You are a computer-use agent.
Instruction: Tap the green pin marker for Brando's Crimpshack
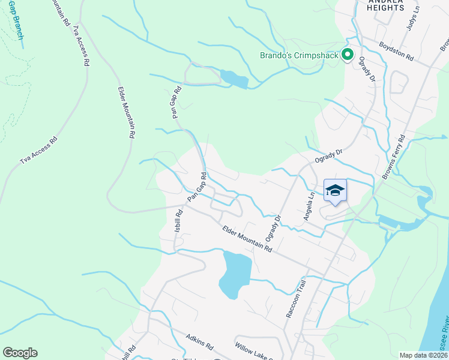tap(347, 55)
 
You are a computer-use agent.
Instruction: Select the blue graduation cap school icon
tap(335, 191)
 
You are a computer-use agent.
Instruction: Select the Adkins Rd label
tap(200, 342)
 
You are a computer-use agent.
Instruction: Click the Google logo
tap(20, 353)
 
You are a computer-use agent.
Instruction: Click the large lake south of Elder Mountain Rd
tap(235, 274)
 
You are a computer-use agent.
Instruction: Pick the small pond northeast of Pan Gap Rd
tap(234, 79)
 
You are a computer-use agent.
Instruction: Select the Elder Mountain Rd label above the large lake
tap(247, 239)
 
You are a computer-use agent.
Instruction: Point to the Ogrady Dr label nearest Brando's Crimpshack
tap(368, 70)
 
